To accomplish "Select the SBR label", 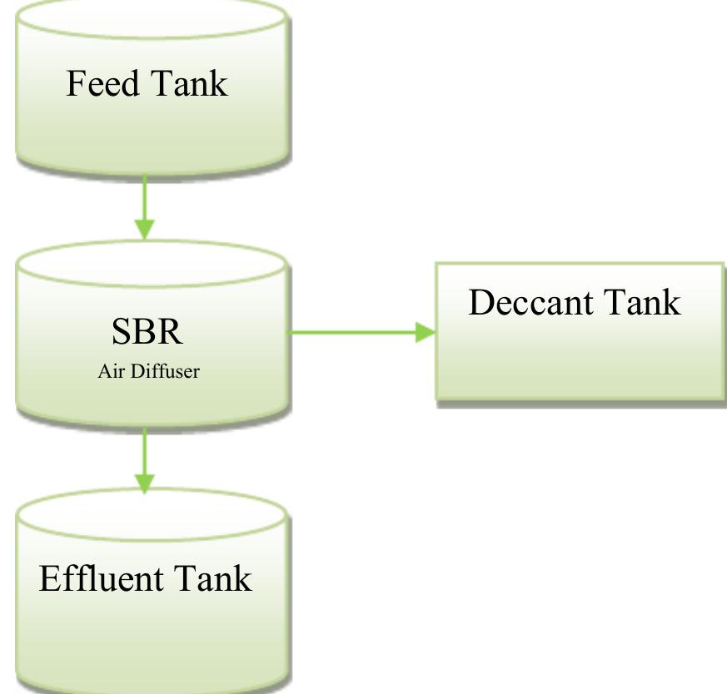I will click(x=147, y=331).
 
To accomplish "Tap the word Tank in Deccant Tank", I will click(x=642, y=303).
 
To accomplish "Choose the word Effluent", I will click(x=99, y=578).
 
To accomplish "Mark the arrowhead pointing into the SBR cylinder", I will click(x=145, y=229).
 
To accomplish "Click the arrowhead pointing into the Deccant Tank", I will click(x=425, y=333).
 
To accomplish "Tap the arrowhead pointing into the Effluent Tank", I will click(x=145, y=483).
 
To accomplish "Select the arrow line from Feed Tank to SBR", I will click(x=145, y=196).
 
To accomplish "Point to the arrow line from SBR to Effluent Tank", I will click(x=145, y=449).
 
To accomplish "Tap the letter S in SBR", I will click(x=122, y=331).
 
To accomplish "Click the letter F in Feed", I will click(x=75, y=84).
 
